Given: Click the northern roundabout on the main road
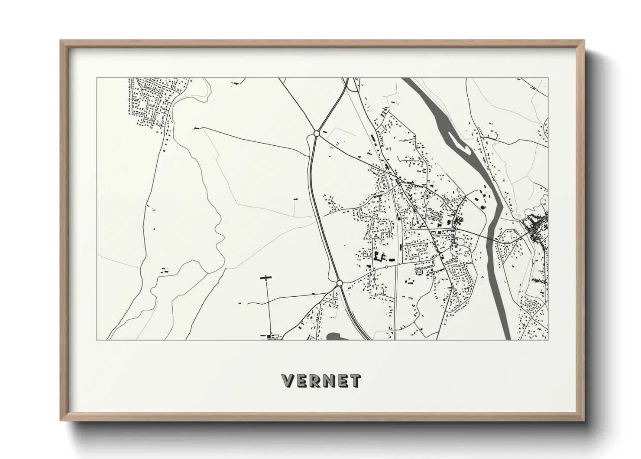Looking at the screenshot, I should (x=317, y=134).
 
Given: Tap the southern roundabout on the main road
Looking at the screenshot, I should (x=340, y=283).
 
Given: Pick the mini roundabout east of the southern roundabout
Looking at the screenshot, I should (x=386, y=267).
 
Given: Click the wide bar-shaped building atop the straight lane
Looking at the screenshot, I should (x=265, y=277).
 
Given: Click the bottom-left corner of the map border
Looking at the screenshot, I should (x=97, y=340).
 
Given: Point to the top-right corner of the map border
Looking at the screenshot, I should (x=548, y=78).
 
